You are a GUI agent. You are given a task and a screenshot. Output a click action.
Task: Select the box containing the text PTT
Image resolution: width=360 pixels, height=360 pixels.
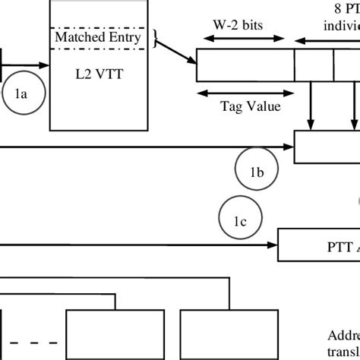pyautogui.click(x=319, y=245)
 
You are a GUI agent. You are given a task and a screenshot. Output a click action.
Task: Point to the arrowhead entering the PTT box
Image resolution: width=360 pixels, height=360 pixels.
pyautogui.click(x=274, y=245)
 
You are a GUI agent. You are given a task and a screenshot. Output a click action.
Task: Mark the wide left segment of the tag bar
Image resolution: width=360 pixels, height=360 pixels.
pyautogui.click(x=245, y=65)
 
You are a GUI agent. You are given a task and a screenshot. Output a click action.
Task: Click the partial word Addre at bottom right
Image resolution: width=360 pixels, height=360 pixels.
pyautogui.click(x=342, y=335)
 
